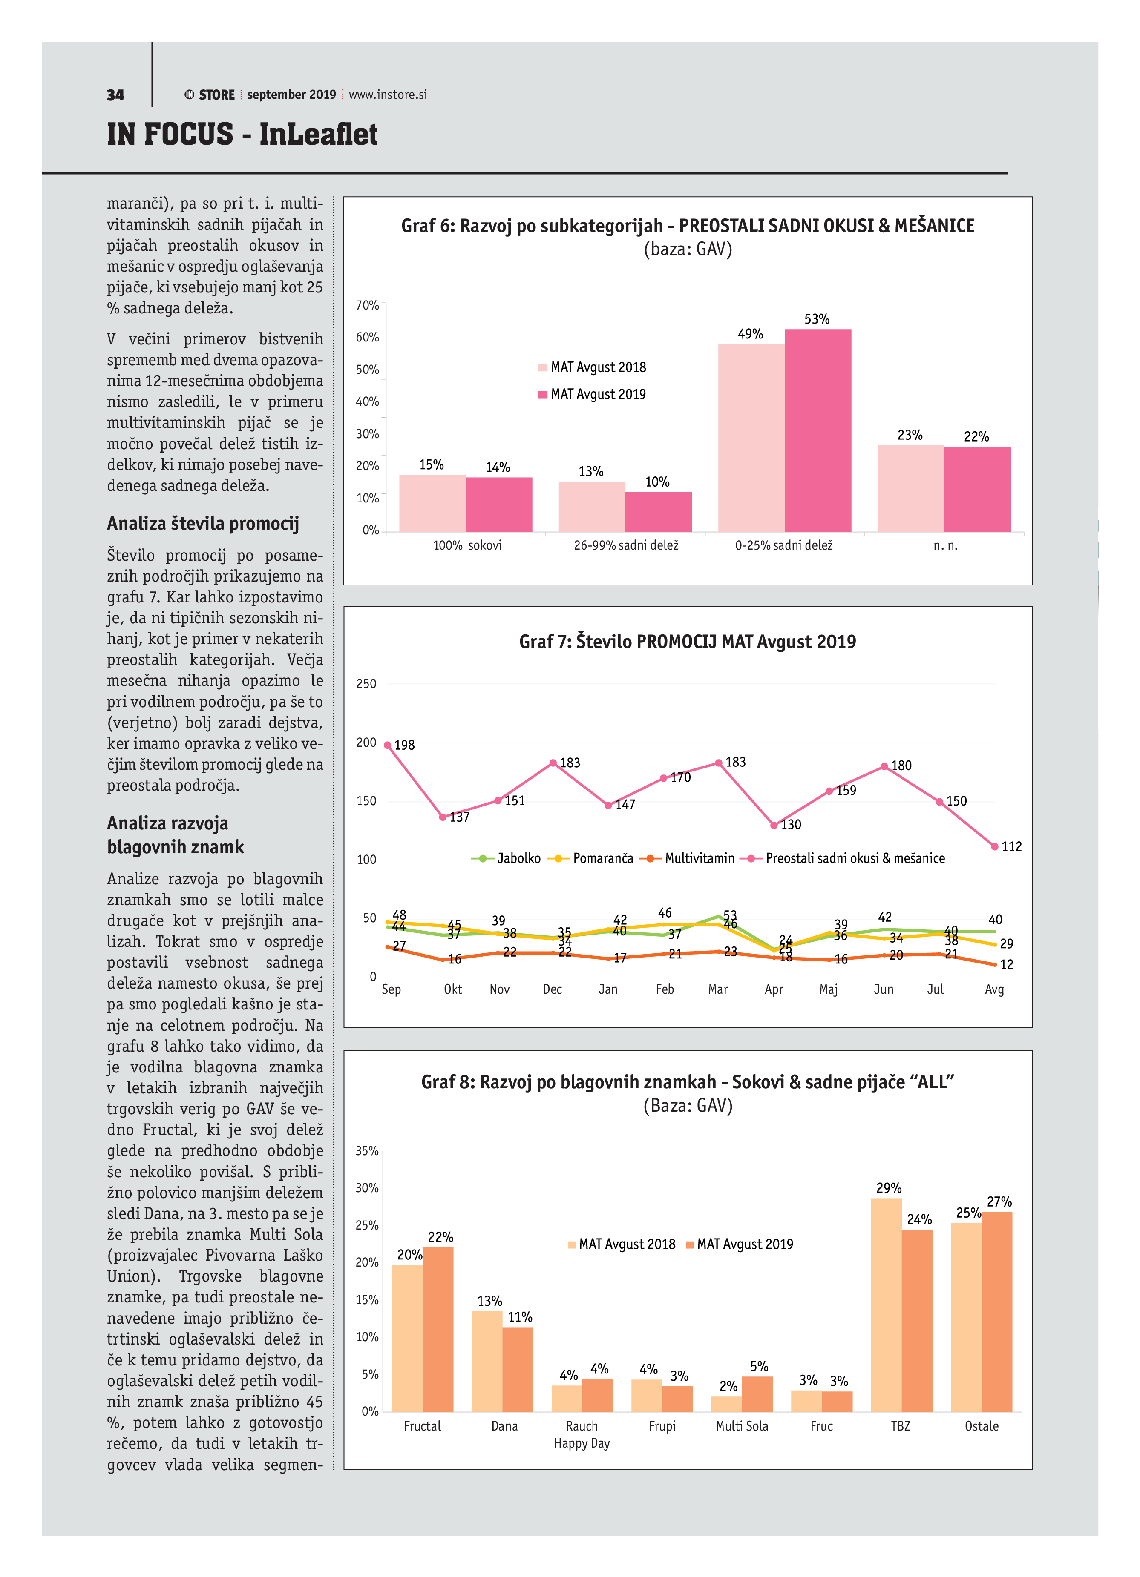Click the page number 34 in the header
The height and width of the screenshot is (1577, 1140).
(115, 95)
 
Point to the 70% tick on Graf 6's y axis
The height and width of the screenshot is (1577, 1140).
(367, 305)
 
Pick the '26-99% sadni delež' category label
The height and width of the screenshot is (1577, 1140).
(625, 545)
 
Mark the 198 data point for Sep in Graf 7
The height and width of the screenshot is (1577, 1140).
(387, 745)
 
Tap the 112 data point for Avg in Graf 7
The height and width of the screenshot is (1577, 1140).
(995, 846)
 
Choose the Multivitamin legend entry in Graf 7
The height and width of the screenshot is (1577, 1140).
(690, 858)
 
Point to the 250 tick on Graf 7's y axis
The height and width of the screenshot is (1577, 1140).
(366, 683)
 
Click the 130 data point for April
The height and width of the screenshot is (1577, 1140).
(774, 826)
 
